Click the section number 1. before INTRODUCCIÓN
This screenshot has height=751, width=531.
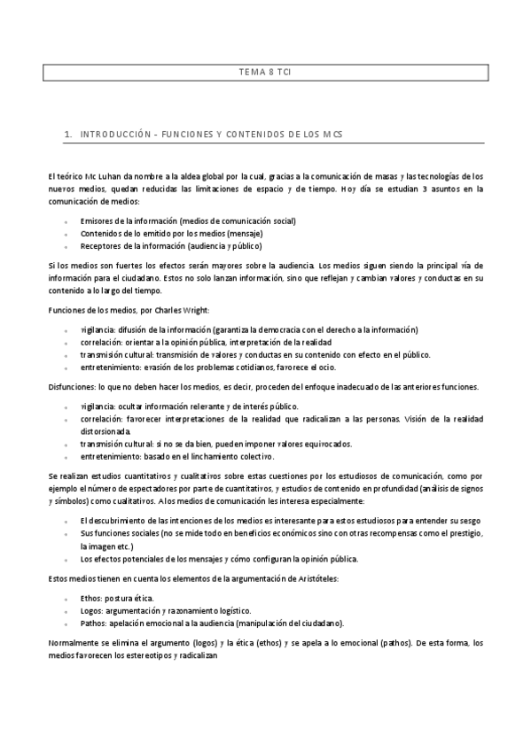68,135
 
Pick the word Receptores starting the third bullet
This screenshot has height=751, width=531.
101,245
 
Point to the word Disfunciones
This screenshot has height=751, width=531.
73,386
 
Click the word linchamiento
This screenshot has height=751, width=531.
222,456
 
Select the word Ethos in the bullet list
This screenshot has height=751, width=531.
91,598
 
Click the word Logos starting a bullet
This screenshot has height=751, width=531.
92,610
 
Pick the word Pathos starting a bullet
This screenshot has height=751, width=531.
94,623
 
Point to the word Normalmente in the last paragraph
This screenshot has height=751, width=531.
75,642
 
